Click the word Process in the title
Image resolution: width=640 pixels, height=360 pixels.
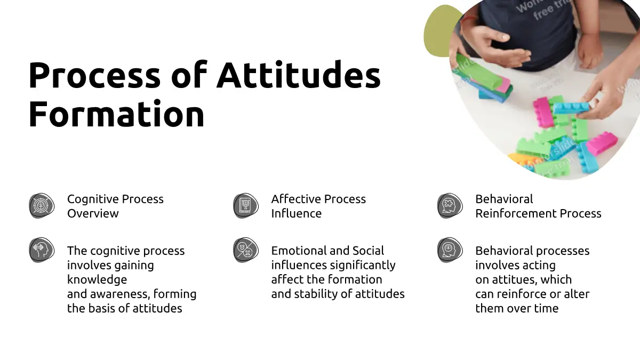[94, 75]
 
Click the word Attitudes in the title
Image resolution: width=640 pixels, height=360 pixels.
[299, 74]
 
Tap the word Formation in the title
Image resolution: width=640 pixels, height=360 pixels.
[117, 114]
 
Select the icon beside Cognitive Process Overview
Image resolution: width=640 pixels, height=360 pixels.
[42, 206]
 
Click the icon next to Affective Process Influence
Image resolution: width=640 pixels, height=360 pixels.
[246, 206]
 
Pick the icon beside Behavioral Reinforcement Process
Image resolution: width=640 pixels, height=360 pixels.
[450, 206]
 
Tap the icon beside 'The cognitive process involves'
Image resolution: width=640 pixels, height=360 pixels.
[42, 250]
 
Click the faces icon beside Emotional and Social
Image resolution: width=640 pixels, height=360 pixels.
[246, 250]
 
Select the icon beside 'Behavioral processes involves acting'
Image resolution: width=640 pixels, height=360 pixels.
[450, 250]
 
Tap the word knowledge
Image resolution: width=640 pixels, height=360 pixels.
[97, 280]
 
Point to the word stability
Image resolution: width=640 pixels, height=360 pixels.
[316, 294]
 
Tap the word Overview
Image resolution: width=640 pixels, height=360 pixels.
[93, 213]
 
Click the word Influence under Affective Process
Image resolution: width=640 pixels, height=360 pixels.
[297, 213]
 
